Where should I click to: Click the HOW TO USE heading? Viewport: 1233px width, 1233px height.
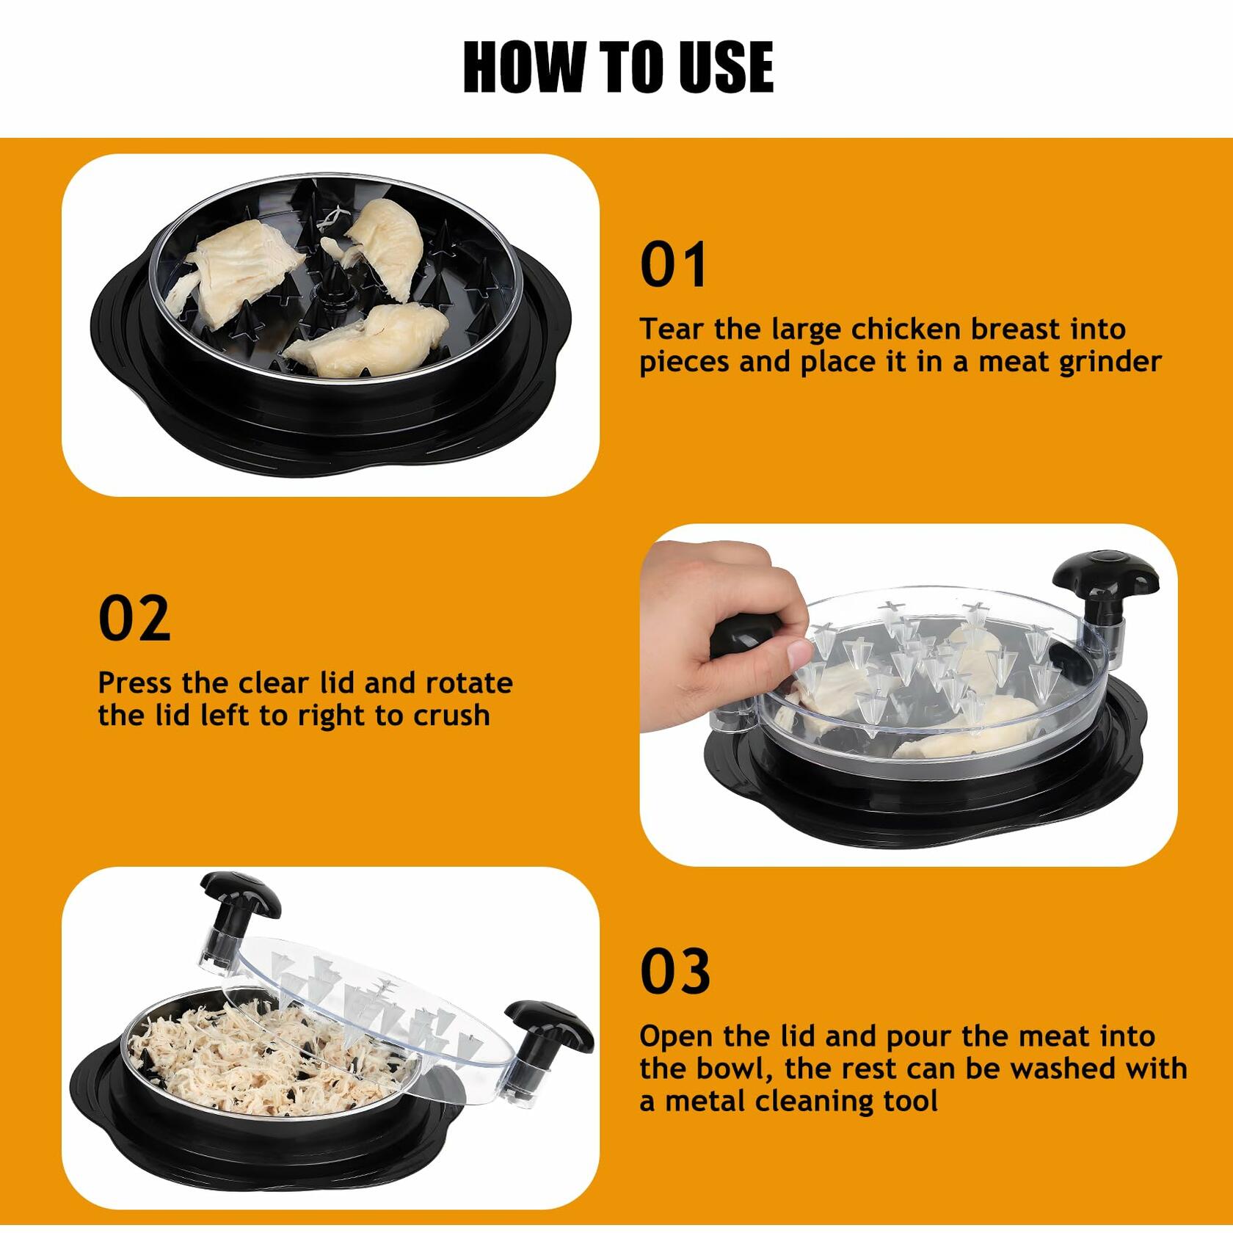(618, 67)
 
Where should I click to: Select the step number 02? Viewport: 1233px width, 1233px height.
(134, 619)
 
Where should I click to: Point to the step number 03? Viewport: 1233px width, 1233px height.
(675, 971)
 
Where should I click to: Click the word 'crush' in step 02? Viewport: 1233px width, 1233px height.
(451, 716)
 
